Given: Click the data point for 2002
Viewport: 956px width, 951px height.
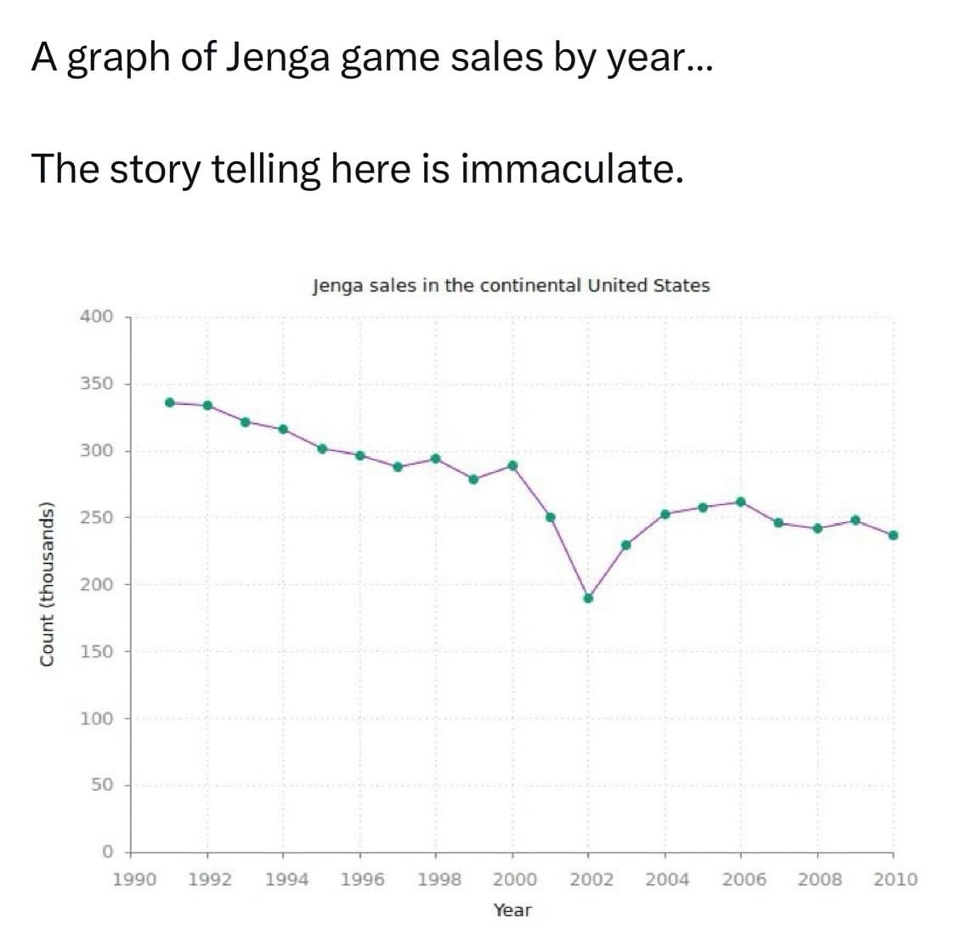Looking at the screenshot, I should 588,598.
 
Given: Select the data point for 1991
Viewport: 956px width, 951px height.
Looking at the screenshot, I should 170,402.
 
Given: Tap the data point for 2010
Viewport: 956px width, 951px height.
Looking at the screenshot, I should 893,535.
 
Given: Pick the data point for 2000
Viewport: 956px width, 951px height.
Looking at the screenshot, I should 512,465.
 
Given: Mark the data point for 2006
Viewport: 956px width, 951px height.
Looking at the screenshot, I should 741,502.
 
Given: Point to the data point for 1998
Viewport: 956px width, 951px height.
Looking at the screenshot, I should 436,459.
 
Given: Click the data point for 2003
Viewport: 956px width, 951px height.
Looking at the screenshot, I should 626,545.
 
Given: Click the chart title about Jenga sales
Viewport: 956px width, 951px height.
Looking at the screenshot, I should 511,285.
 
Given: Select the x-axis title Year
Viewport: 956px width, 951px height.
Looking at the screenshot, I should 512,910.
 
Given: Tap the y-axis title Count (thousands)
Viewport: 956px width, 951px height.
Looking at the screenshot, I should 48,583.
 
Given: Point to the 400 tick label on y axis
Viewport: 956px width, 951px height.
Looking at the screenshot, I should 96,317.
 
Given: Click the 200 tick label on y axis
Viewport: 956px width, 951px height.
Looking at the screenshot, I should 96,584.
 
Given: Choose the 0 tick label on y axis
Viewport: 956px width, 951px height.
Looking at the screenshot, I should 107,852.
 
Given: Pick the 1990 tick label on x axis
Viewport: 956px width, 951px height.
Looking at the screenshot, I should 134,880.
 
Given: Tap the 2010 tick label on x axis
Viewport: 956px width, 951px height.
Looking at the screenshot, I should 896,880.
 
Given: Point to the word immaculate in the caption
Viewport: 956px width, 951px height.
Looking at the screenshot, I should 571,169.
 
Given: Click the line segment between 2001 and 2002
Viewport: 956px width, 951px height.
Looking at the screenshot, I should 569,558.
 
